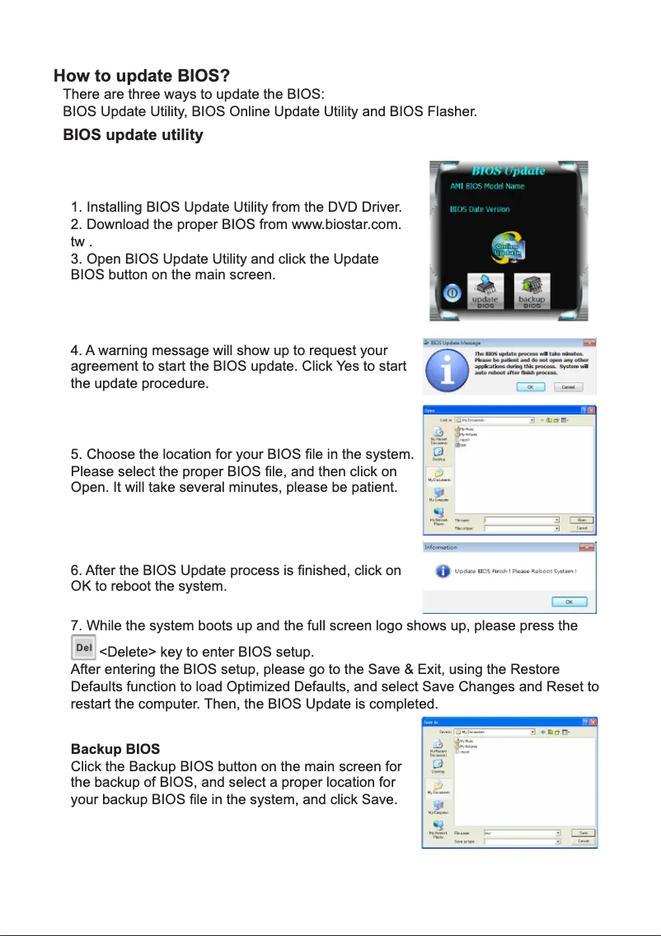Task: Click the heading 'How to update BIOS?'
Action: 141,77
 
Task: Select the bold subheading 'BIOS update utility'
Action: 133,134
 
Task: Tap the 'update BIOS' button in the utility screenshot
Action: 485,291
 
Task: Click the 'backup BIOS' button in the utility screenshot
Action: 532,291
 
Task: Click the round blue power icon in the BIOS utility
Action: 452,293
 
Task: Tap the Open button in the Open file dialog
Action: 582,520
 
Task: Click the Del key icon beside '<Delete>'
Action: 83,648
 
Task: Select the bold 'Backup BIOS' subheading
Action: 115,750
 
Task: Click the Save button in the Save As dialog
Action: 583,833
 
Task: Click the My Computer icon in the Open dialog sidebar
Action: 438,495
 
